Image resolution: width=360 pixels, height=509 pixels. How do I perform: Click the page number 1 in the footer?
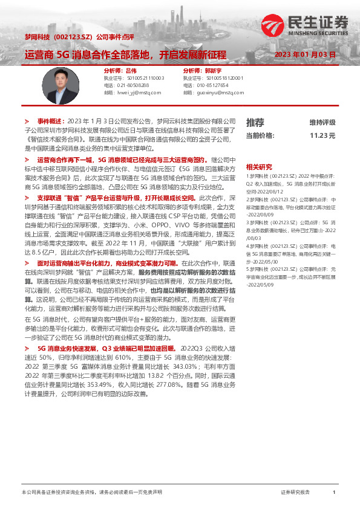pyautogui.click(x=333, y=493)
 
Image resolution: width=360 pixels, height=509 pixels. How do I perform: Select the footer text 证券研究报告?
pyautogui.click(x=296, y=493)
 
